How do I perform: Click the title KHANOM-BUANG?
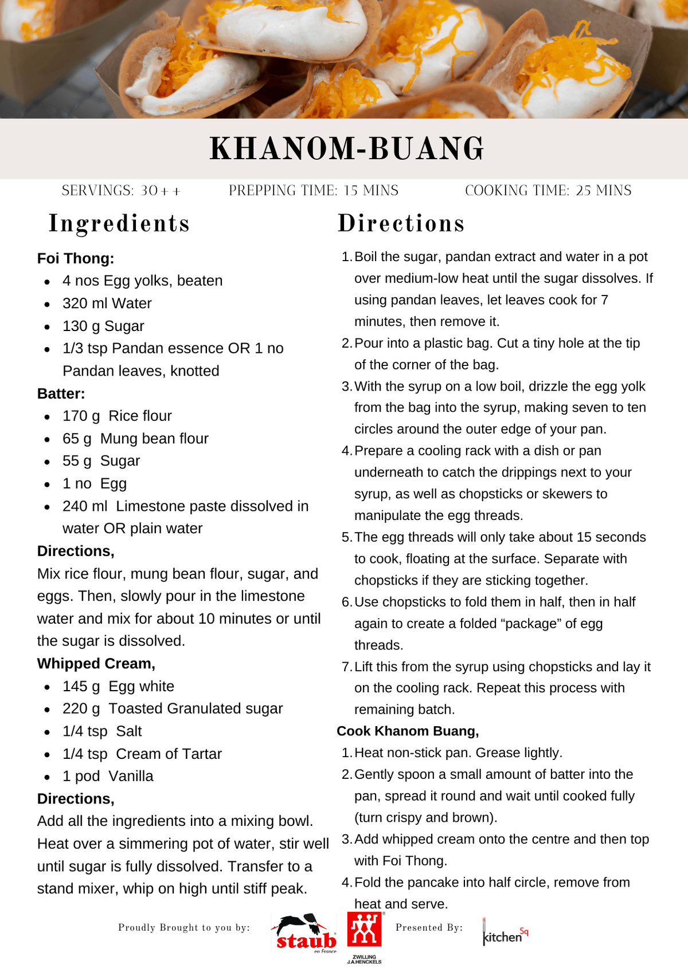pos(347,149)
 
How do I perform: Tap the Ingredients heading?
pos(119,223)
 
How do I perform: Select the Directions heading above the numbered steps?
pos(401,223)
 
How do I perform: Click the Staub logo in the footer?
pos(305,933)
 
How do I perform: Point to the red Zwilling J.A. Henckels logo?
pos(364,931)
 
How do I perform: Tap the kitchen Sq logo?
pos(505,933)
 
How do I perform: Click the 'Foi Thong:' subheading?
pos(76,258)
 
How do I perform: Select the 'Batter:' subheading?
pos(61,393)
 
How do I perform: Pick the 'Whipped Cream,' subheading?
pos(96,663)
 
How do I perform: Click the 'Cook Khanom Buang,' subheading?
pos(408,731)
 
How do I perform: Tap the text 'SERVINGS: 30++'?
pos(121,191)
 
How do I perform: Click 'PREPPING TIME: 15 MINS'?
pos(314,191)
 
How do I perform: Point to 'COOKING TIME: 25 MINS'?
pos(548,191)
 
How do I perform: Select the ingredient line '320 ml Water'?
pos(107,303)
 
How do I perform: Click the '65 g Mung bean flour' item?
pos(135,438)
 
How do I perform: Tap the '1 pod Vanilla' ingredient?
pos(108,776)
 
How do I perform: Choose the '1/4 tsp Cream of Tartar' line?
pos(142,754)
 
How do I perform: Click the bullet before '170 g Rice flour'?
pos(47,416)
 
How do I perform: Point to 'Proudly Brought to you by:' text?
pos(184,927)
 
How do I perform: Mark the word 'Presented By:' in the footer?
pos(429,927)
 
